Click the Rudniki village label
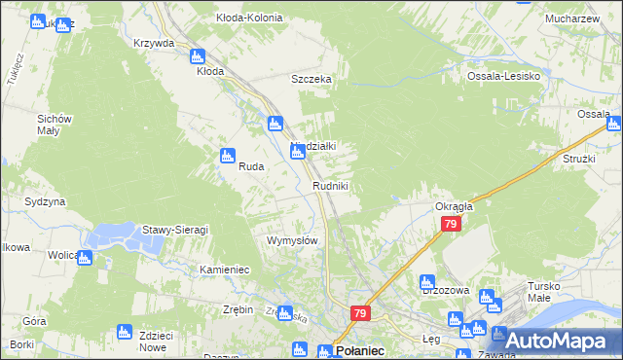tap(330, 185)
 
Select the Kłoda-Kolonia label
tap(249, 18)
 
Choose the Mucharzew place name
tap(571, 18)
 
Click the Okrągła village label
tap(454, 206)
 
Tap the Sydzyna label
tap(45, 201)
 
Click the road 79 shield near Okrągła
tap(450, 225)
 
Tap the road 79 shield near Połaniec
tap(360, 313)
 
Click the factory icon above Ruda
tap(228, 155)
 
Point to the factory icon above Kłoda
tap(198, 56)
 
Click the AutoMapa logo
tap(556, 340)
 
